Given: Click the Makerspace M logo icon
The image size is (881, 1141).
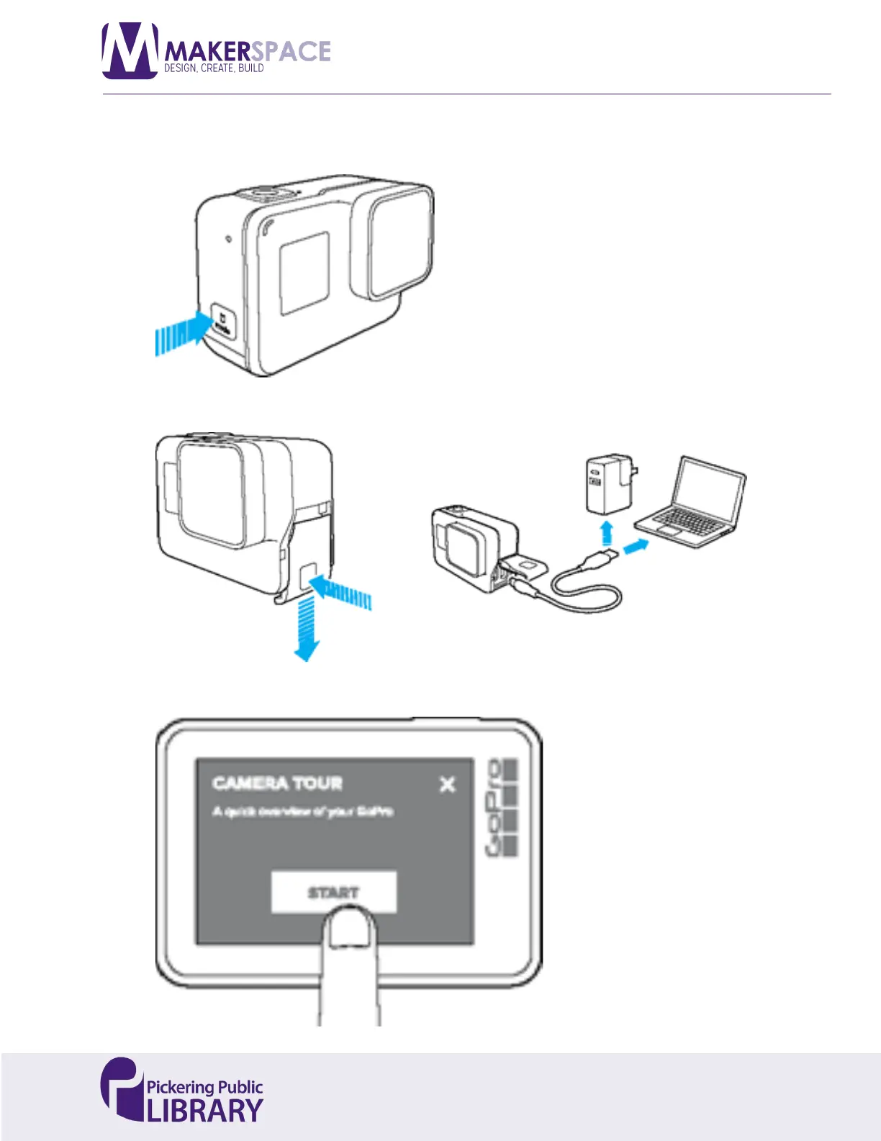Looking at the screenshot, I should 130,50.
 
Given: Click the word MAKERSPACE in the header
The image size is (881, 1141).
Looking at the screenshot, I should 248,51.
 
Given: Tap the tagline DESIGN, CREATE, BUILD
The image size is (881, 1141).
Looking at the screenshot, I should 214,68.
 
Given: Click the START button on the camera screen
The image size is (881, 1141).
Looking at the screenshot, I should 333,892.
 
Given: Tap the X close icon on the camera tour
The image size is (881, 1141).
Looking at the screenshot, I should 447,784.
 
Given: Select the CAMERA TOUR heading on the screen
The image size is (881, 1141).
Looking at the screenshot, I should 278,783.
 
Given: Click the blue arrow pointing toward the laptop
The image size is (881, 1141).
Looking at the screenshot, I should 635,547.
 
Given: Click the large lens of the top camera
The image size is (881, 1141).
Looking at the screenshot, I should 400,241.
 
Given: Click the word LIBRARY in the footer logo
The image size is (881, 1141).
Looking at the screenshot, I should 205,1110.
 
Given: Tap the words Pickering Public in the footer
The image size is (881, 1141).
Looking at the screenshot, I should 205,1087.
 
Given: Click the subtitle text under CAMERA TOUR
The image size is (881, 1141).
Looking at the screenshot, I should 302,812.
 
